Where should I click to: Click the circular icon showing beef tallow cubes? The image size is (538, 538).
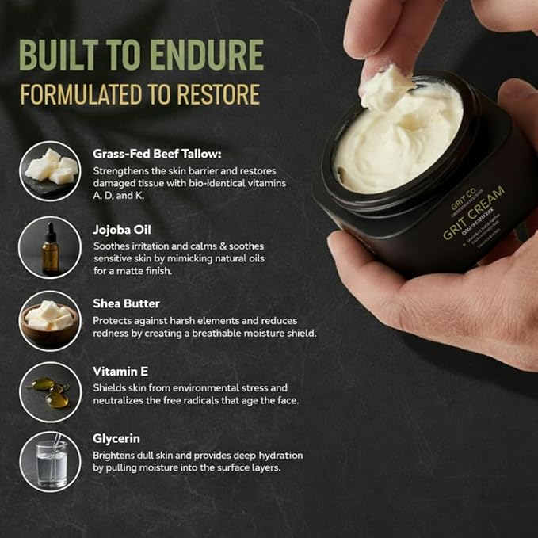(x=51, y=170)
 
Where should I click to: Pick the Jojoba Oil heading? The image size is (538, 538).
(x=118, y=229)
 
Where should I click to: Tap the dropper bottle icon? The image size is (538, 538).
(x=51, y=247)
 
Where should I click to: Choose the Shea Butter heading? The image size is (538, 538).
(x=126, y=303)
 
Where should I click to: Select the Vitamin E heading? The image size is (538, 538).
(x=120, y=371)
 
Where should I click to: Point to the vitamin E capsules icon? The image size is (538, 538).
(x=51, y=392)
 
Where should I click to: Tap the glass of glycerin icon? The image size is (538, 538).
(x=51, y=460)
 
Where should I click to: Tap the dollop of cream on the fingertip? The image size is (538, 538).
(x=386, y=90)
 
